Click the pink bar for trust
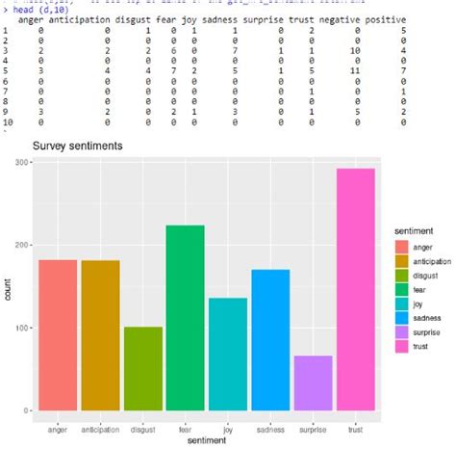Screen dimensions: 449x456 (x=357, y=290)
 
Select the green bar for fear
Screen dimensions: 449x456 (x=185, y=318)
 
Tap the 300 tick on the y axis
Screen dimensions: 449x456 (x=19, y=163)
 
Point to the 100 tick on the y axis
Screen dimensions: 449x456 (x=19, y=328)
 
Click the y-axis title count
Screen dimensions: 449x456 (x=8, y=287)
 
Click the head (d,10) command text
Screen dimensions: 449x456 (x=38, y=9)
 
